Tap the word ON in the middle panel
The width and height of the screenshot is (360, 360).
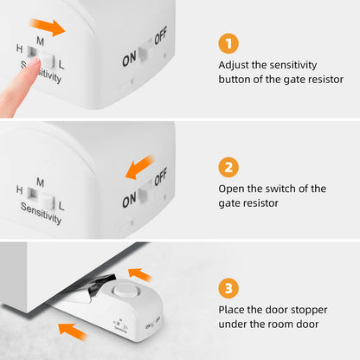coord(128,201)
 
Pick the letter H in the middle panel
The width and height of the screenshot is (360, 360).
coord(19,190)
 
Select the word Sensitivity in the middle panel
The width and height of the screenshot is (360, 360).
coord(42,214)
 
